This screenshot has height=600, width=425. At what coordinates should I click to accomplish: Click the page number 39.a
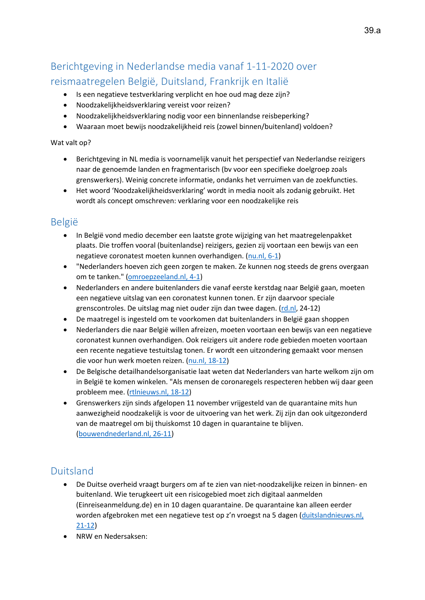372,30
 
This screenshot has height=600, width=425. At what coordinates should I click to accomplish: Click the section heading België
64,222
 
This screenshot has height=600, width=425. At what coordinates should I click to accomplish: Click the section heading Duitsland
72,471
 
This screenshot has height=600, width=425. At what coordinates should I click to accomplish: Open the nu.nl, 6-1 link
263,256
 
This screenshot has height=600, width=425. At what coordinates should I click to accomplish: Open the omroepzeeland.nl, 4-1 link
164,277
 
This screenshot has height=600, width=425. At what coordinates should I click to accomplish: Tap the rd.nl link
288,308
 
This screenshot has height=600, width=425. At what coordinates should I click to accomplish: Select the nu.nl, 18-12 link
208,361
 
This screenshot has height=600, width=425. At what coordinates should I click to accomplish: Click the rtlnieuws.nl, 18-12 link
159,392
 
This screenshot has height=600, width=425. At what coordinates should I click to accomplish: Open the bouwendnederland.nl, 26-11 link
125,434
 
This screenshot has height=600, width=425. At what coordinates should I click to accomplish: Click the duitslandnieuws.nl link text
332,515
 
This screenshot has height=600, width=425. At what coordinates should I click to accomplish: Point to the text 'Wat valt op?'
71,143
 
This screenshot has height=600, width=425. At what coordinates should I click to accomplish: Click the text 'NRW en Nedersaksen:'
112,536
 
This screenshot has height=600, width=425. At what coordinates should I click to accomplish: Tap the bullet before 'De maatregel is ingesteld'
65,319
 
